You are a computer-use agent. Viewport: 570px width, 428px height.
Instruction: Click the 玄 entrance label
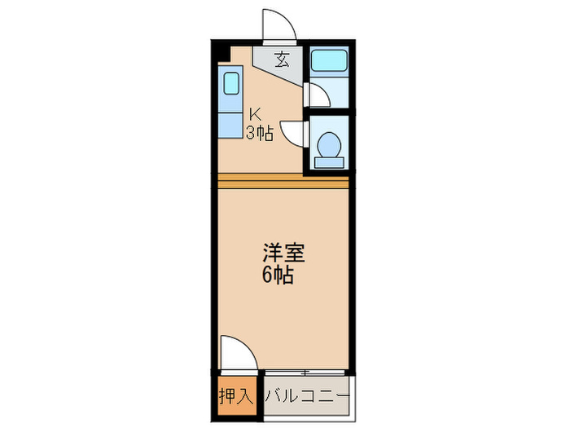(x=282, y=59)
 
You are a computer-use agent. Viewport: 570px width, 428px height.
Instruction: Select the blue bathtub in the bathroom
(x=328, y=60)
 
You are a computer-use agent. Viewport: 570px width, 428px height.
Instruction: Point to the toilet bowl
(x=329, y=143)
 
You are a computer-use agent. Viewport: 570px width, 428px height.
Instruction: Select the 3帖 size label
(x=260, y=133)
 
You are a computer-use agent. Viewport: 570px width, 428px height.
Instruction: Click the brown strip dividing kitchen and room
(x=283, y=180)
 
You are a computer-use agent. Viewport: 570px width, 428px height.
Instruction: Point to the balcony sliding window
(x=305, y=373)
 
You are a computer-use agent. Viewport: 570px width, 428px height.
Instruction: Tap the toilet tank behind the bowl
(x=329, y=161)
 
